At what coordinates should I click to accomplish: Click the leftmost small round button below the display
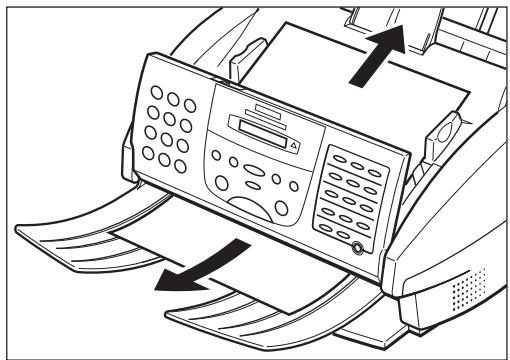coord(214,157)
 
